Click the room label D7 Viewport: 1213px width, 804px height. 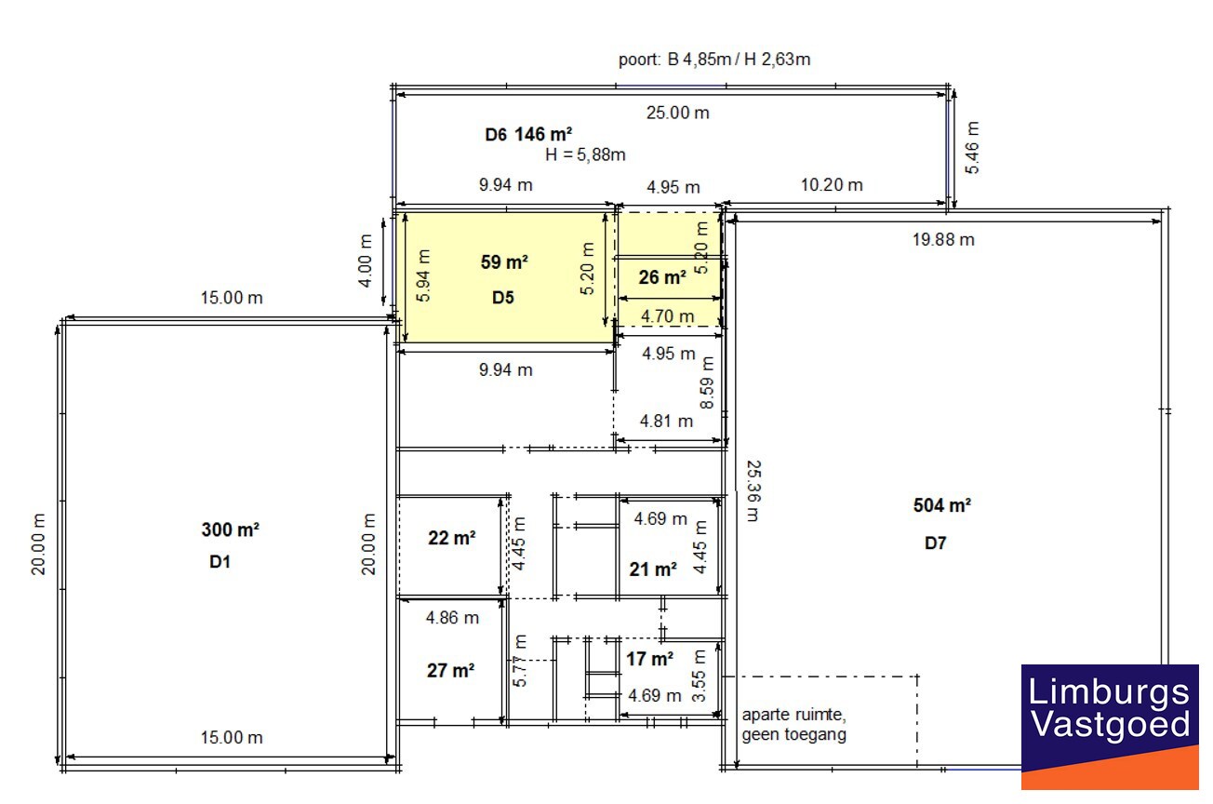pyautogui.click(x=935, y=543)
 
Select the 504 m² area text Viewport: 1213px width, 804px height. pyautogui.click(x=942, y=505)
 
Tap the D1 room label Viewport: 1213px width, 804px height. pyautogui.click(x=220, y=562)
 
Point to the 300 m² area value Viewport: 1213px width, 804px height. pyautogui.click(x=230, y=529)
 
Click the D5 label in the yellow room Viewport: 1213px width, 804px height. pyautogui.click(x=503, y=298)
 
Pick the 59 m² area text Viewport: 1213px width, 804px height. pyautogui.click(x=504, y=262)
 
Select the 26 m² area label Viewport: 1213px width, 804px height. pyautogui.click(x=661, y=276)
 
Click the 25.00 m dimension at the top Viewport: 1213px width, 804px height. pyautogui.click(x=678, y=113)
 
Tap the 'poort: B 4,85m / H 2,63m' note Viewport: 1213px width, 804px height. pyautogui.click(x=714, y=60)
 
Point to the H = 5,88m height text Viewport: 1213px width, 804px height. pyautogui.click(x=585, y=154)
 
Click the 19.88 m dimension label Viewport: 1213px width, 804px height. pyautogui.click(x=942, y=239)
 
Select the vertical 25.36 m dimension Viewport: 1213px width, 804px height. pyautogui.click(x=753, y=490)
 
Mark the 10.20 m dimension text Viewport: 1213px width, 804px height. pyautogui.click(x=831, y=184)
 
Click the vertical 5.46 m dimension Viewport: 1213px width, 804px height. pyautogui.click(x=973, y=147)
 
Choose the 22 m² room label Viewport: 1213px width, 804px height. pyautogui.click(x=451, y=538)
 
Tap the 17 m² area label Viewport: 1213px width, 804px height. pyautogui.click(x=649, y=659)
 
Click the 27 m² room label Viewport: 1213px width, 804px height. pyautogui.click(x=450, y=670)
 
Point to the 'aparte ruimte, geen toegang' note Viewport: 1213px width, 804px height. pyautogui.click(x=793, y=725)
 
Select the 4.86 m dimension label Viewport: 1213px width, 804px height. pyautogui.click(x=452, y=617)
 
